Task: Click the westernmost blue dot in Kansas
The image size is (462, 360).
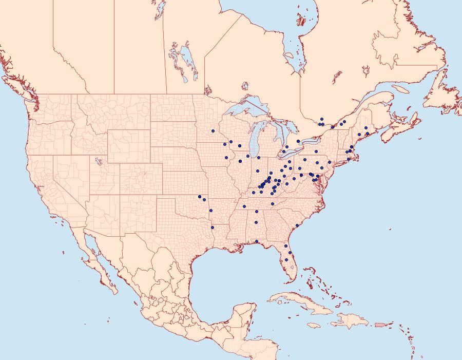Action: [199, 196]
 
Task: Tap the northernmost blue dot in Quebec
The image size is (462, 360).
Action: [321, 119]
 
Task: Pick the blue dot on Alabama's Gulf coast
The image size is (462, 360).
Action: [257, 241]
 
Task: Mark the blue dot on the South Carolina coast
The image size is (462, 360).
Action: [297, 226]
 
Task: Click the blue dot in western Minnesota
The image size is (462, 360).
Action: [213, 131]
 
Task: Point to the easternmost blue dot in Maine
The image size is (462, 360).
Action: [368, 134]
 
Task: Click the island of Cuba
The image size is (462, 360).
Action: [298, 300]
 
